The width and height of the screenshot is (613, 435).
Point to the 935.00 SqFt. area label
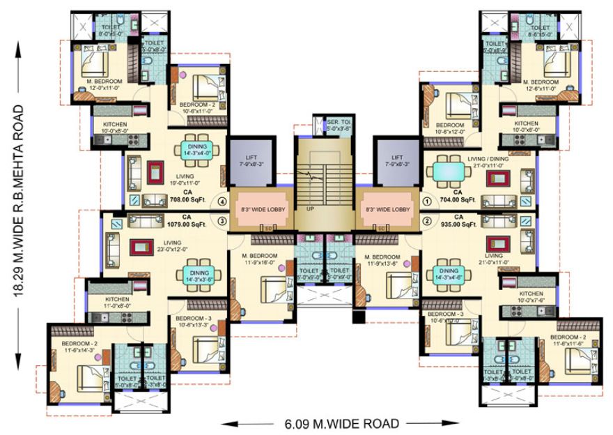tap(458, 224)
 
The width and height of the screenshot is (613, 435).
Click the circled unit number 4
tap(222, 204)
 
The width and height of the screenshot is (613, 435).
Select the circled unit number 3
tap(222, 222)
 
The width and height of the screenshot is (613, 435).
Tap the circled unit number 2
tap(427, 222)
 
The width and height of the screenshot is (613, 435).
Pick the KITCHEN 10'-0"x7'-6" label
tap(530, 298)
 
